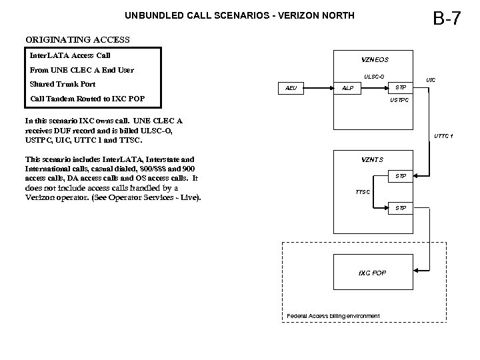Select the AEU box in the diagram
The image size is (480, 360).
(291, 88)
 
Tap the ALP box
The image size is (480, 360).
(348, 88)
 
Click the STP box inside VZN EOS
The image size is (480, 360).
(400, 87)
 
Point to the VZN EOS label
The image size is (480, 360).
(372, 59)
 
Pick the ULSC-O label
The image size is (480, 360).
(373, 76)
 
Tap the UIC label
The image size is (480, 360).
(431, 80)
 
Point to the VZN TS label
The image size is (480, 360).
(372, 159)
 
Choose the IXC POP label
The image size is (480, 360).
(372, 273)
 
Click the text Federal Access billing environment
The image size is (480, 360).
(333, 315)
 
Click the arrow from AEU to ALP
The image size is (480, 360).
(319, 88)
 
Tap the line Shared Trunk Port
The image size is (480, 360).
(62, 85)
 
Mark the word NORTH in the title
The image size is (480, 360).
(336, 15)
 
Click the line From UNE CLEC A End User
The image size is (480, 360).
(81, 70)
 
